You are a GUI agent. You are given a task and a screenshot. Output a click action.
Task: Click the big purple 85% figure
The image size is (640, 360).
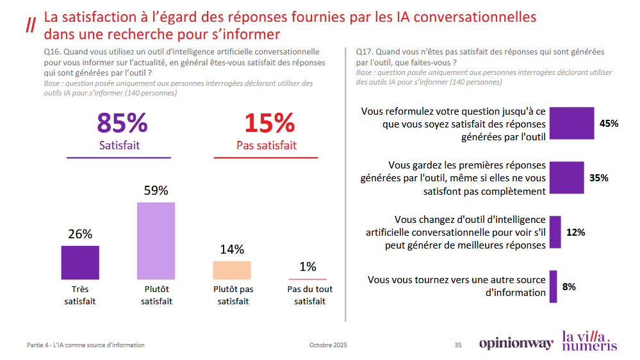click(122, 123)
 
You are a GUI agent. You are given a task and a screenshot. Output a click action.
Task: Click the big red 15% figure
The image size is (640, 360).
click(269, 123)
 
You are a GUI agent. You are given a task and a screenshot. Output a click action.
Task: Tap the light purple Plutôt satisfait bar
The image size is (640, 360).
click(156, 240)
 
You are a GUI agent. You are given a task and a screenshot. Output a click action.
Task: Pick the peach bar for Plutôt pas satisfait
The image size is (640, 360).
click(232, 270)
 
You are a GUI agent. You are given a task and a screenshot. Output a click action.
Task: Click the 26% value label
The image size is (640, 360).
click(80, 234)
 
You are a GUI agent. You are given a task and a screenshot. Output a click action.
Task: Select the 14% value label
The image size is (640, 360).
click(232, 250)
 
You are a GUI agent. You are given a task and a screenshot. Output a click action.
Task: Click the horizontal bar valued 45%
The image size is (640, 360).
click(572, 124)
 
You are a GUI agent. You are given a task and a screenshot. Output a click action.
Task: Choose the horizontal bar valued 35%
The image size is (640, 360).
click(566, 178)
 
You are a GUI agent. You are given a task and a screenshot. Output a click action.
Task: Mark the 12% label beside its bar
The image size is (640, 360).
click(575, 233)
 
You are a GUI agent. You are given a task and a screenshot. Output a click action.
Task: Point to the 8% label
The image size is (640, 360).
click(569, 286)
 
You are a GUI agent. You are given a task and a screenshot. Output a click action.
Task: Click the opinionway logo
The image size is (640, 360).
click(516, 344)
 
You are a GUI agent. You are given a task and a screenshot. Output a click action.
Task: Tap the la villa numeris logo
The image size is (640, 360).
click(589, 340)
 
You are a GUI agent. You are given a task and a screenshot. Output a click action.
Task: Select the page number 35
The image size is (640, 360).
click(458, 345)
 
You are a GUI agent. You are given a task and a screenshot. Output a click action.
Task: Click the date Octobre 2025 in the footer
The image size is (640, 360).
click(328, 345)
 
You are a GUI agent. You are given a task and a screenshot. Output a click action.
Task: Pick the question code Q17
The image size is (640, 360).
click(365, 52)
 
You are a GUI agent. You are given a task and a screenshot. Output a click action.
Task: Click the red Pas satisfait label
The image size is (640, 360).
click(267, 145)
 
